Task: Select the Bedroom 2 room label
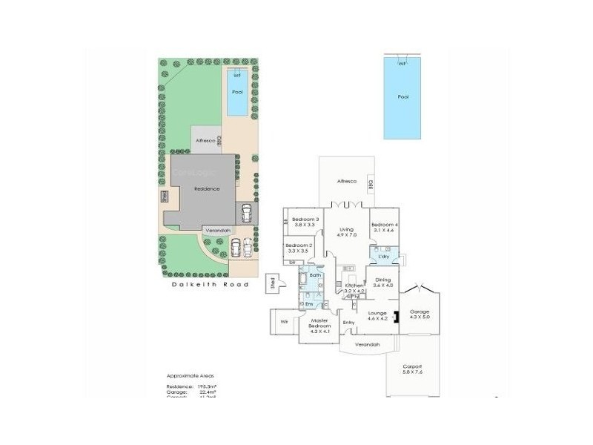(x=300, y=248)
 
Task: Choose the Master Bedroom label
(x=319, y=323)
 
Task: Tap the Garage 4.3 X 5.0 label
(x=420, y=314)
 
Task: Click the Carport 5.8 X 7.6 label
(x=412, y=369)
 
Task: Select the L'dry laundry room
(x=384, y=257)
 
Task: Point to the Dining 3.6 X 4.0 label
(x=383, y=283)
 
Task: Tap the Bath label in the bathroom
(x=315, y=275)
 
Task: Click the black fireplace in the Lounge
(x=397, y=317)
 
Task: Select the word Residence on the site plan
(x=207, y=189)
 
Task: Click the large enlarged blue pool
(x=402, y=97)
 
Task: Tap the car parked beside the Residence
(x=245, y=214)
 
